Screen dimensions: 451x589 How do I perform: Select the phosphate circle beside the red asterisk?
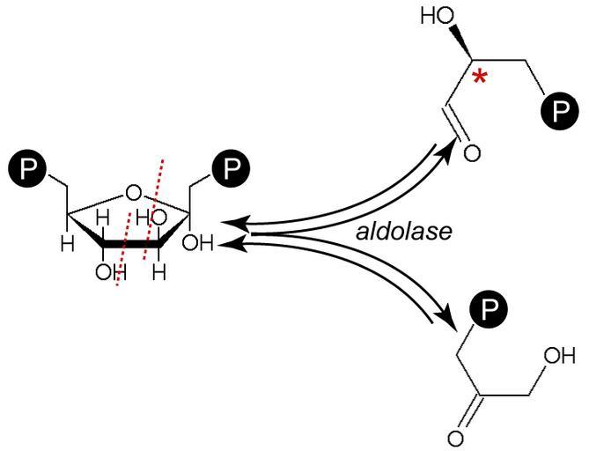click(556, 113)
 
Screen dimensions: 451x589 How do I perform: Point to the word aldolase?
click(405, 232)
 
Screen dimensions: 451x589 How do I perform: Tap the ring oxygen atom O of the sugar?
click(133, 191)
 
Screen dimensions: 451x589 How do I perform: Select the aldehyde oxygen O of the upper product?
click(472, 152)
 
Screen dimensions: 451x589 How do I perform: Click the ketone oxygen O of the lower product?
click(457, 437)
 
